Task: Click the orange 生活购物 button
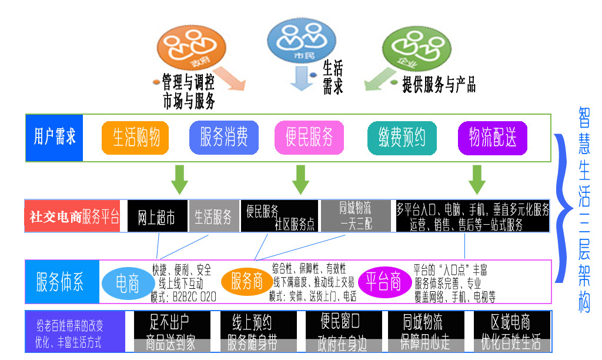tap(136, 138)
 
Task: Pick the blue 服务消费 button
tap(224, 138)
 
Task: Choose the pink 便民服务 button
tap(309, 138)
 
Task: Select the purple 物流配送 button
tap(493, 138)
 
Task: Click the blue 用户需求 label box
tap(55, 137)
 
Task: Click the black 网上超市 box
tap(157, 216)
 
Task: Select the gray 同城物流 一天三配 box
tap(356, 216)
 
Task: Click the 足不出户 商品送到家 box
tap(171, 332)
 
